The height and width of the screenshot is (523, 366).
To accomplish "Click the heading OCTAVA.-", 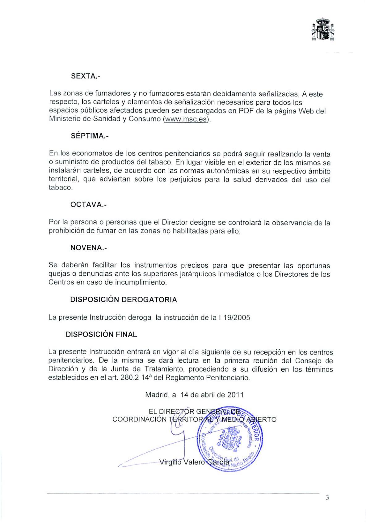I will pyautogui.click(x=88, y=205).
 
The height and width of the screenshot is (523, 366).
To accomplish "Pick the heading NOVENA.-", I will pyautogui.click(x=88, y=248).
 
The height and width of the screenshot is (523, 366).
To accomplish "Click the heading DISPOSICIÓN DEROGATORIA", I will pyautogui.click(x=124, y=300).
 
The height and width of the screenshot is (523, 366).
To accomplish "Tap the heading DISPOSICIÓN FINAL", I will pyautogui.click(x=101, y=334).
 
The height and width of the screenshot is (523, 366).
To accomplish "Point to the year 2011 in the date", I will pyautogui.click(x=235, y=395).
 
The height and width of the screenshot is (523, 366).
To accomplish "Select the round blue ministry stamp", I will pyautogui.click(x=229, y=438).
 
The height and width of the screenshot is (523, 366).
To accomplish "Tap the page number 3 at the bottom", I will pyautogui.click(x=327, y=497).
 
